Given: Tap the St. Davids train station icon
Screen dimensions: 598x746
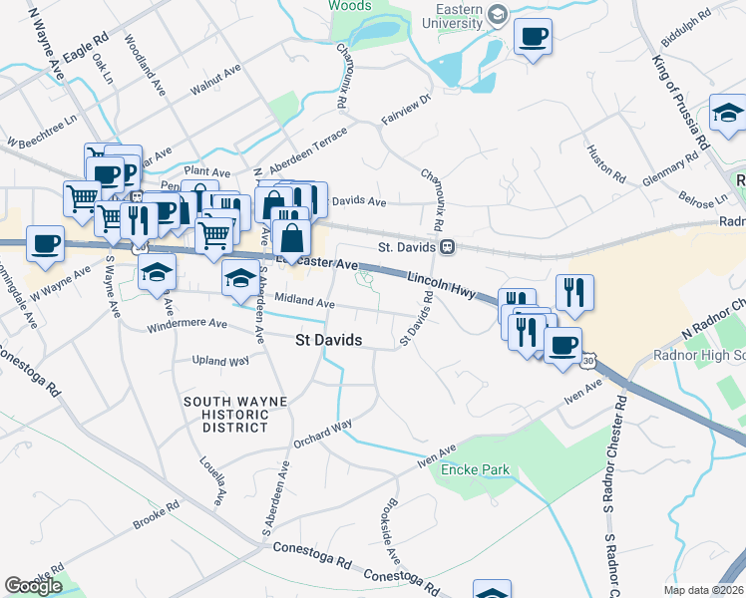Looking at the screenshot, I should [x=449, y=245].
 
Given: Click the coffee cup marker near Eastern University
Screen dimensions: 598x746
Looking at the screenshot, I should [x=533, y=38].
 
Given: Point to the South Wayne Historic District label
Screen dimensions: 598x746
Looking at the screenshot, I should [x=235, y=414].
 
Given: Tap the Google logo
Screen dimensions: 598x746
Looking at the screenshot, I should [x=33, y=586].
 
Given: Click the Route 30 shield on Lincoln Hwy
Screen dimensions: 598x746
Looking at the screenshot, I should [x=588, y=358].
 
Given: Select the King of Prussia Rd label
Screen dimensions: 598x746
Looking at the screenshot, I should [x=680, y=101].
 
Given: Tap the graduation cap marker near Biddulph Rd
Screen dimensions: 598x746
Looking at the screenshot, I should [x=728, y=114].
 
